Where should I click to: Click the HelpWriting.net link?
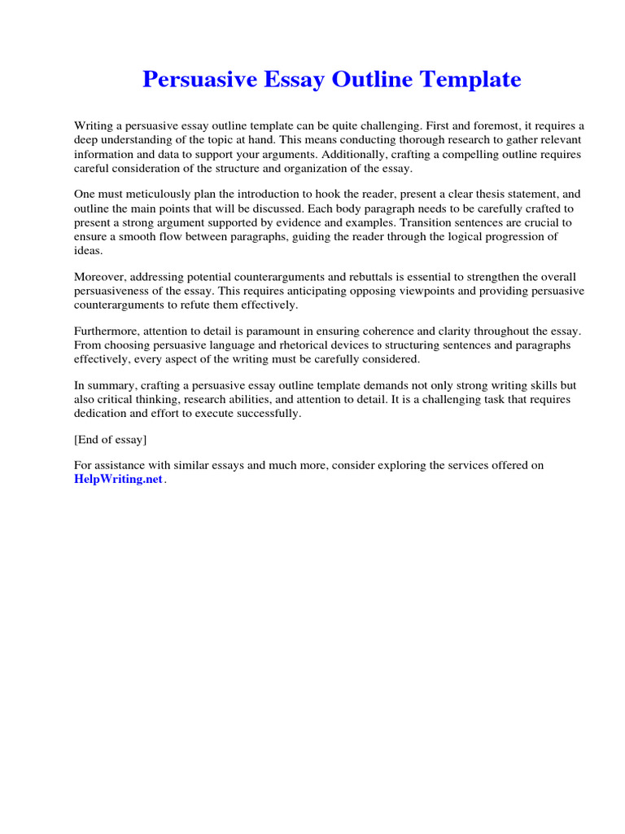point(119,480)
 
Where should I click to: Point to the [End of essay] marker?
point(111,440)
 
